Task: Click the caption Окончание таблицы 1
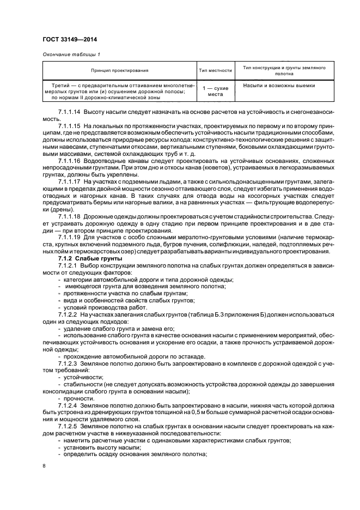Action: pos(70,54)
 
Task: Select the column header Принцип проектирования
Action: pos(120,70)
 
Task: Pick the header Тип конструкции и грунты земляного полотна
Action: pos(284,70)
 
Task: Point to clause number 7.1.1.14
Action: pos(69,112)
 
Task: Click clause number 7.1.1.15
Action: pos(69,125)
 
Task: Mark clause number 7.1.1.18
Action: pos(69,217)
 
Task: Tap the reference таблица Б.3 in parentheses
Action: pos(204,315)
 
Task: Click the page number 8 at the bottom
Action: pos(44,466)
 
